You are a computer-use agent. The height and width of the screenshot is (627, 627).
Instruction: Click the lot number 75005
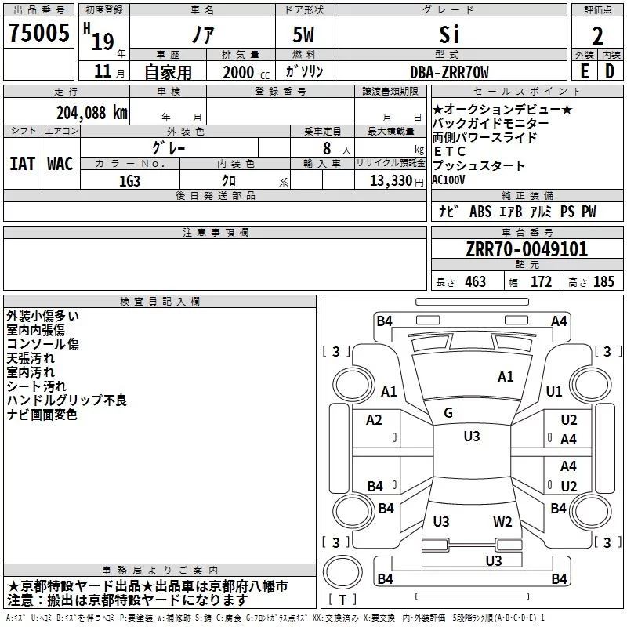(38, 33)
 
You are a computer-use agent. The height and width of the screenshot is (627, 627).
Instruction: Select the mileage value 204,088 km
(92, 113)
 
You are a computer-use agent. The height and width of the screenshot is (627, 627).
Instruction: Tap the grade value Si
(449, 34)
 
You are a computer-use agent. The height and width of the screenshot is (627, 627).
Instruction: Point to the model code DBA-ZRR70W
(449, 72)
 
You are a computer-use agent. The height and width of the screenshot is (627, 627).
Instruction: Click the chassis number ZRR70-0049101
(527, 249)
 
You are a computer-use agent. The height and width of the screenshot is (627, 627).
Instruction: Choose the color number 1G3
(129, 181)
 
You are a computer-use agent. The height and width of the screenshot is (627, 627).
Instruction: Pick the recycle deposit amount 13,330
(390, 181)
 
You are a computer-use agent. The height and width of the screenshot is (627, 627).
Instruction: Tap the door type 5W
(303, 34)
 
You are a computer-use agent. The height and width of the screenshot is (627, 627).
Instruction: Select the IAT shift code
(23, 164)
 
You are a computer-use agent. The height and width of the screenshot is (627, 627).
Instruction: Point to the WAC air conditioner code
(60, 164)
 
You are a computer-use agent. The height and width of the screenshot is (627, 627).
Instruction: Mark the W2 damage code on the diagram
(502, 522)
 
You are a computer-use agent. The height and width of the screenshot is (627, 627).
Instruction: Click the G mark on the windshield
(448, 413)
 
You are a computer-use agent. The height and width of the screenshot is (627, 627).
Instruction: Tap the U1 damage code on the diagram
(554, 391)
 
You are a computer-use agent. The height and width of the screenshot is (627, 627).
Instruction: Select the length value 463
(476, 281)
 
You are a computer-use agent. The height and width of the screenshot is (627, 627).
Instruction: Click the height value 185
(603, 281)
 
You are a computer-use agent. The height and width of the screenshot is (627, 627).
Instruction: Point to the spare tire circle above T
(342, 571)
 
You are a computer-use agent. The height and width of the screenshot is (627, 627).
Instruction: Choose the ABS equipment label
(480, 212)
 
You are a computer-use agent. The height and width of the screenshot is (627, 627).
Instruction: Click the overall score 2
(597, 36)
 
